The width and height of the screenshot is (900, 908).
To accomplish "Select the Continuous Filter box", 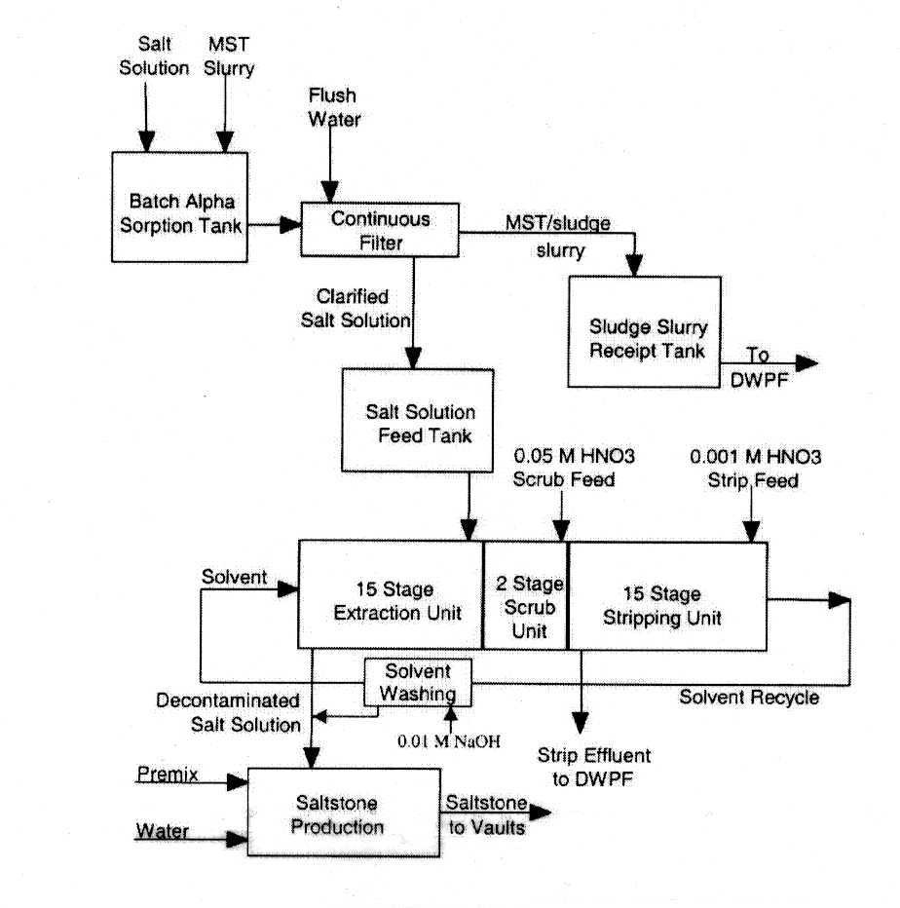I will point(380,230).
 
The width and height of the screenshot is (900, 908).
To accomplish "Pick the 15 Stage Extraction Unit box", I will point(390,594).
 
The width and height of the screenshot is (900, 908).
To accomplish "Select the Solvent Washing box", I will point(417,682).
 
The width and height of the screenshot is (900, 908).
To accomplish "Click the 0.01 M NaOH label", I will point(447,741).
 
